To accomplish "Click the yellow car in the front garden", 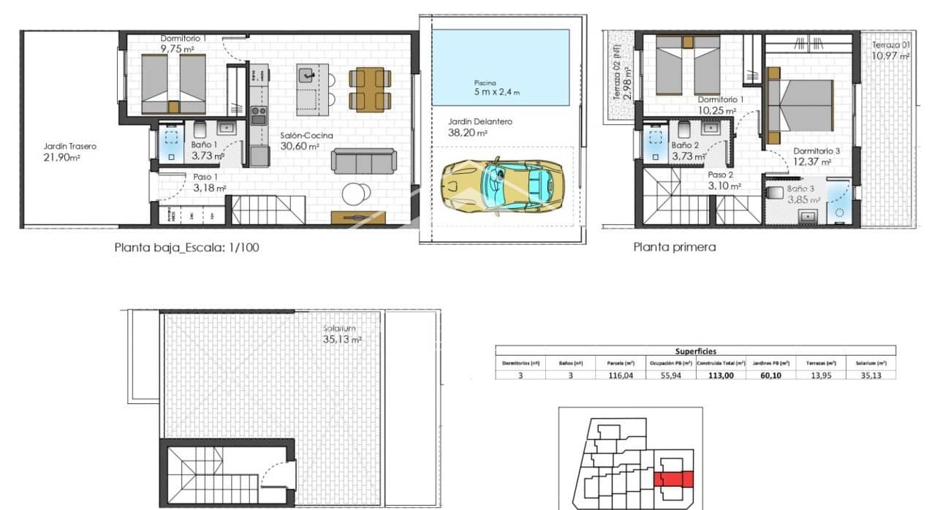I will (504, 185).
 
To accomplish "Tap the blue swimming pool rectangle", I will (500, 67).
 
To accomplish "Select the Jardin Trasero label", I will (69, 151).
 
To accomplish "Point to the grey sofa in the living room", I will (363, 161).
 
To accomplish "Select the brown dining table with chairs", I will (366, 88).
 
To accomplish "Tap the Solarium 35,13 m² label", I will (341, 334).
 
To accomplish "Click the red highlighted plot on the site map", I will (673, 479).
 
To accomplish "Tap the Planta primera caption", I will (674, 247).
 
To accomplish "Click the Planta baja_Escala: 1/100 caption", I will (186, 248).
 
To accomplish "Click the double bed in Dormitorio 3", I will (800, 102).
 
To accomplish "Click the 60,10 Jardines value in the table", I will (774, 375).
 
